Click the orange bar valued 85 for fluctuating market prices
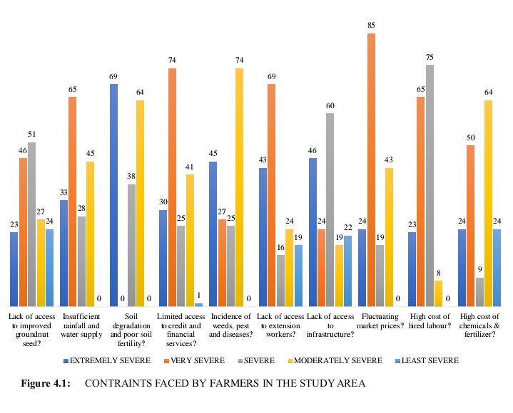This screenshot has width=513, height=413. tap(371, 171)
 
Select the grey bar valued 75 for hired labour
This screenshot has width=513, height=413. tap(430, 185)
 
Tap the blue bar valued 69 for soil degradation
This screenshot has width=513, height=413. tap(113, 196)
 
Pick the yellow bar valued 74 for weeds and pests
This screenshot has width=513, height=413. tap(239, 187)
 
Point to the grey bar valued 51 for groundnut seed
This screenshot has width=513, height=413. tap(31, 224)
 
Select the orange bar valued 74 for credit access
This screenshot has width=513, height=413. tap(172, 187)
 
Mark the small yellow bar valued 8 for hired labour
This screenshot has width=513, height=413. tap(439, 293)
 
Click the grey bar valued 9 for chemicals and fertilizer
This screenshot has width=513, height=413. tap(479, 292)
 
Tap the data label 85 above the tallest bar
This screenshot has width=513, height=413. tap(371, 26)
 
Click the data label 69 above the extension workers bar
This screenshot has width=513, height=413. tap(272, 76)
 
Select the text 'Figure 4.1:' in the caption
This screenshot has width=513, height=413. tap(45, 384)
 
